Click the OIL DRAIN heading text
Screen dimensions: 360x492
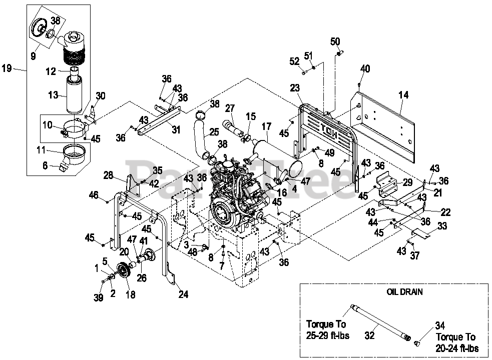[x=404, y=292]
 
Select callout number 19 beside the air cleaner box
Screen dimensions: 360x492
[x=7, y=68]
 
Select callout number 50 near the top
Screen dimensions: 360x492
[x=335, y=41]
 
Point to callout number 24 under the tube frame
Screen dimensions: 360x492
[x=184, y=294]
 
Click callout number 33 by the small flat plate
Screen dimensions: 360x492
[x=442, y=226]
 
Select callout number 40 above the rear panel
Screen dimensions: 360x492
[x=365, y=68]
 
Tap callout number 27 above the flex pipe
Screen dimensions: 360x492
[x=230, y=108]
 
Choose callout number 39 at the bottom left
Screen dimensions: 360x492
[x=99, y=298]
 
